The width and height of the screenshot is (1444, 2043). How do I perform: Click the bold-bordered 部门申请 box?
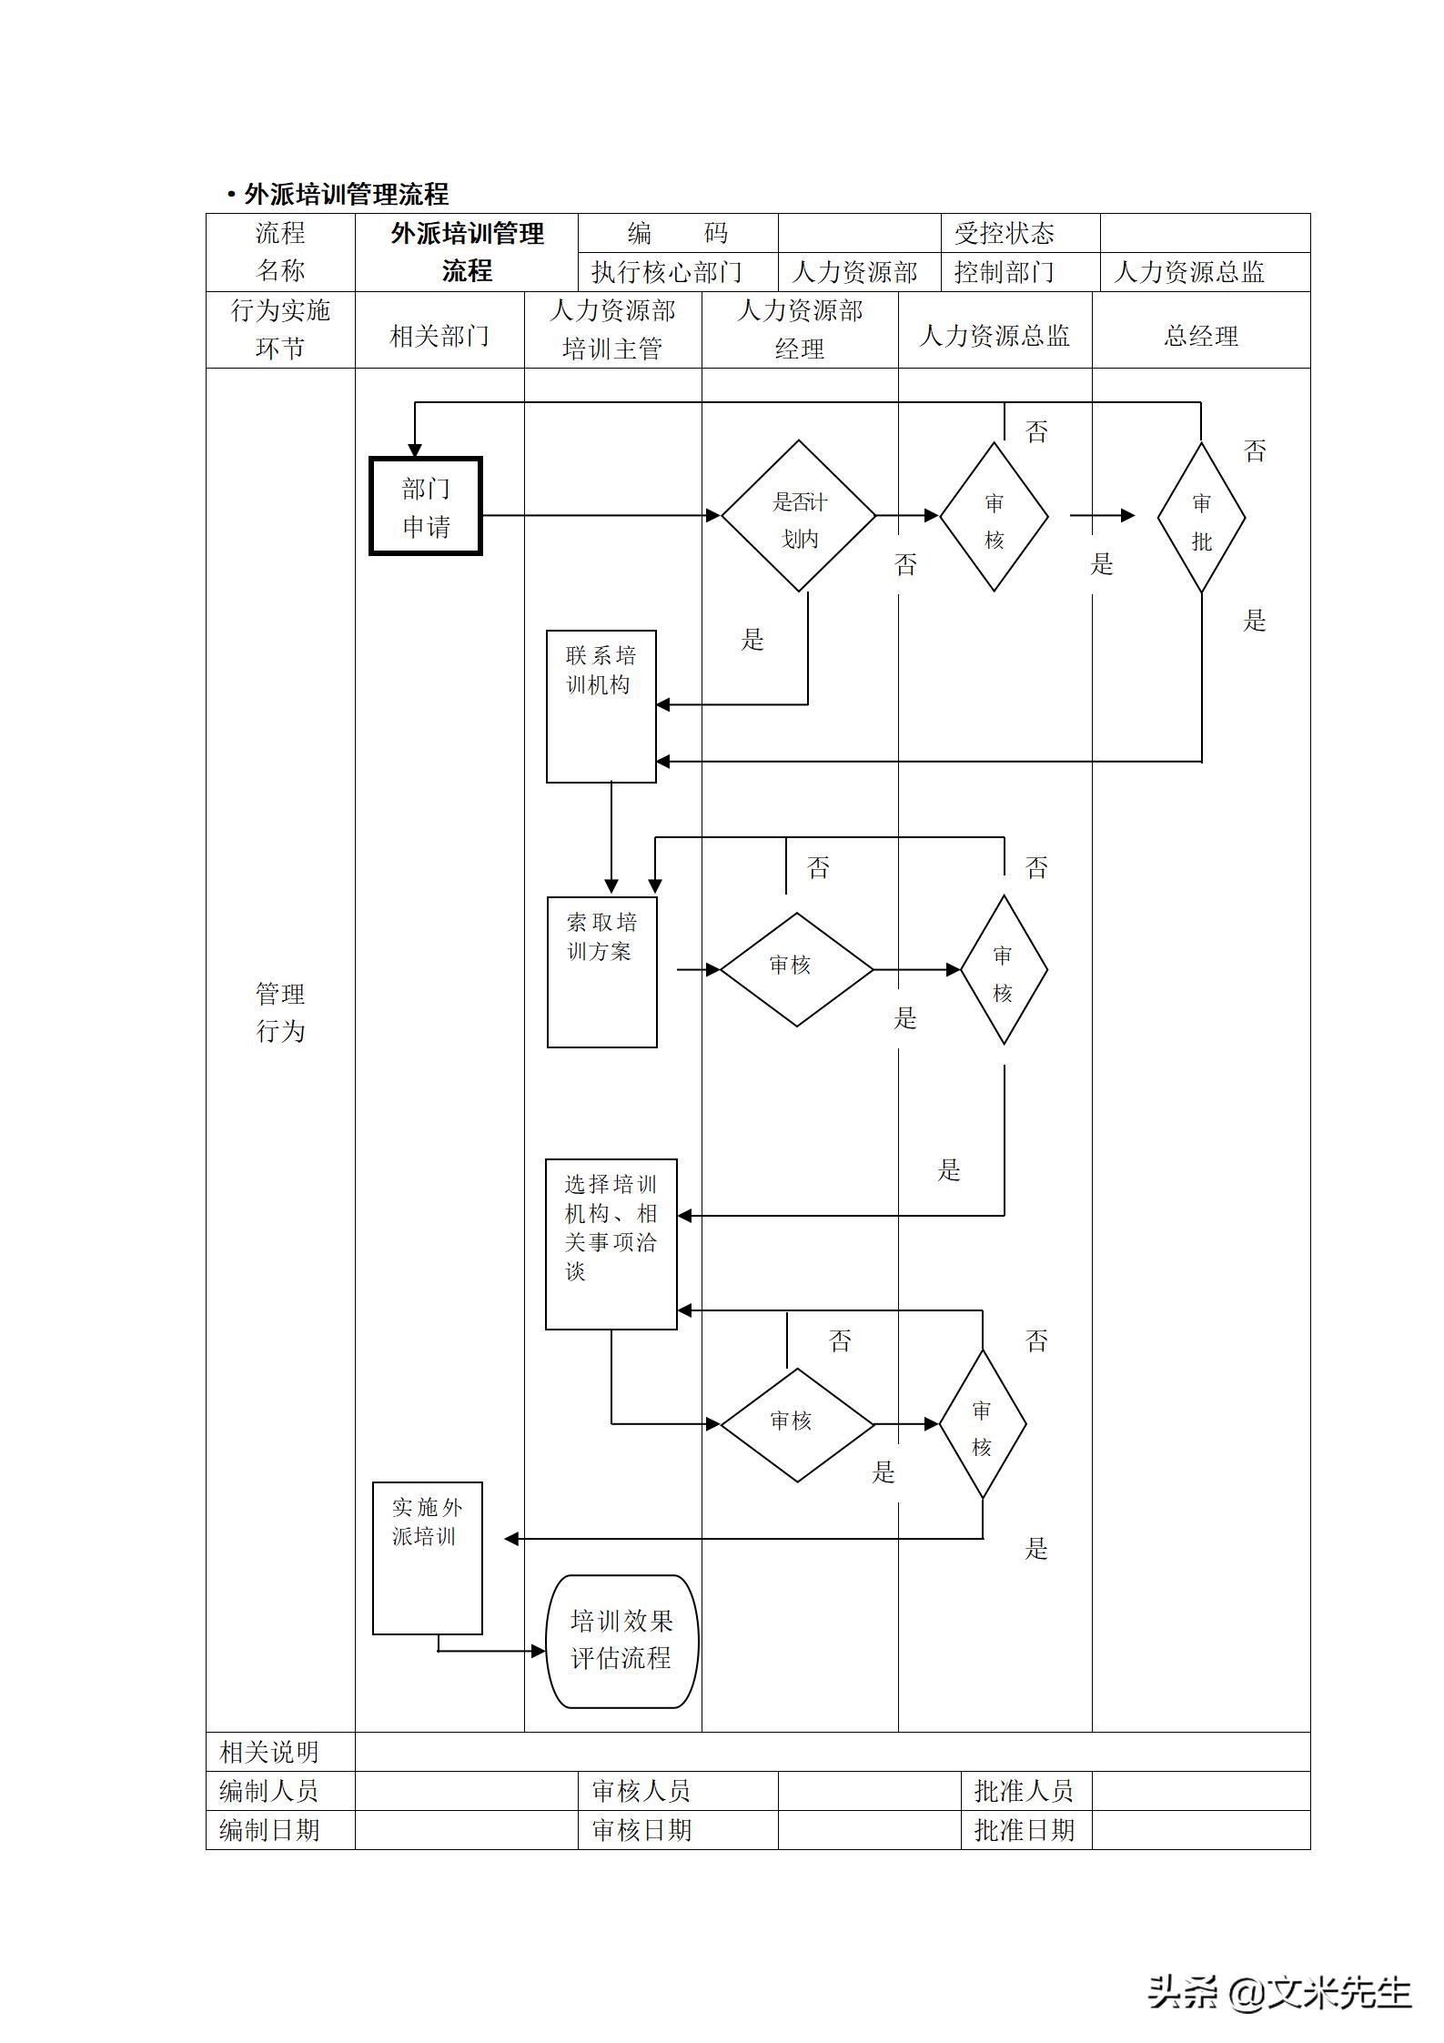tap(426, 507)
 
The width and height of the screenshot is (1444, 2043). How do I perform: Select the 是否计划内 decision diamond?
tap(799, 517)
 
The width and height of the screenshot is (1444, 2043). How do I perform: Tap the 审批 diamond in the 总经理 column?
tap(1201, 519)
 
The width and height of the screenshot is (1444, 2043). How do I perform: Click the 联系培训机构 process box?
tap(601, 706)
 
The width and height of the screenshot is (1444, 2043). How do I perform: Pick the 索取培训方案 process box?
tap(601, 972)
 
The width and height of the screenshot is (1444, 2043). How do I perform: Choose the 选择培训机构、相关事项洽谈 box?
tap(611, 1243)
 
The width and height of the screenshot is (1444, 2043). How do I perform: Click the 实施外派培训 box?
tap(427, 1558)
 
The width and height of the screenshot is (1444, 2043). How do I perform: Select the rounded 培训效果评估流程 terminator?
tap(621, 1641)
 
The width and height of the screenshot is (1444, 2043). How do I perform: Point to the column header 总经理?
tap(1201, 337)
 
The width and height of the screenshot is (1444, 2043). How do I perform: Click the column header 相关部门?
tap(439, 337)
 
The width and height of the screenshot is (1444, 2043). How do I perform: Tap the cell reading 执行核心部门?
tap(667, 272)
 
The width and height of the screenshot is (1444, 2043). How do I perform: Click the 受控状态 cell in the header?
tap(1004, 234)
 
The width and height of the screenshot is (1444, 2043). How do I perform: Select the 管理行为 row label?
tap(280, 1012)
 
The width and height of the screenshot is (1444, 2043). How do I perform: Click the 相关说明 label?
tap(269, 1752)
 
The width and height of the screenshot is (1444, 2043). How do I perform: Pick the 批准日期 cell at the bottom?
tap(1025, 1830)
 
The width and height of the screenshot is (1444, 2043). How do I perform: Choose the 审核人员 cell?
tap(641, 1791)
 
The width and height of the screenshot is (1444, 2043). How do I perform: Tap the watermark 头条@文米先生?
tap(1278, 1992)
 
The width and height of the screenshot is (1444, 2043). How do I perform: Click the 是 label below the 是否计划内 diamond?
tap(752, 640)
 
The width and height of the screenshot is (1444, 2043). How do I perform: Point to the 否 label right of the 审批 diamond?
tap(1255, 451)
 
